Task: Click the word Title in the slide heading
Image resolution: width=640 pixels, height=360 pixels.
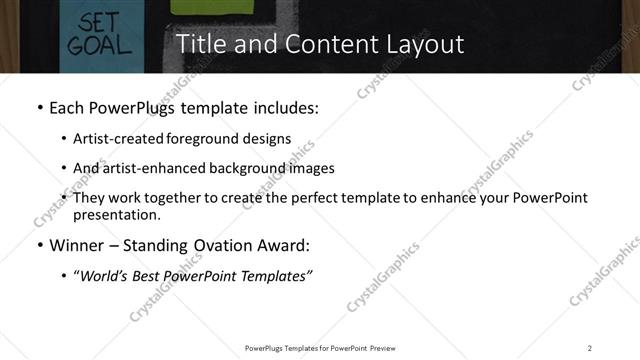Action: pos(201,45)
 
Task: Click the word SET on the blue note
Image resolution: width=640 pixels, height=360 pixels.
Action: pos(85,21)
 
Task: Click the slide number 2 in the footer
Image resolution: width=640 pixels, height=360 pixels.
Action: pos(589,347)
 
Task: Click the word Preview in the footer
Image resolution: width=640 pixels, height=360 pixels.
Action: pos(388,347)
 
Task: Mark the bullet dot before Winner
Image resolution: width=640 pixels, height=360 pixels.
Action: pos(39,245)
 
